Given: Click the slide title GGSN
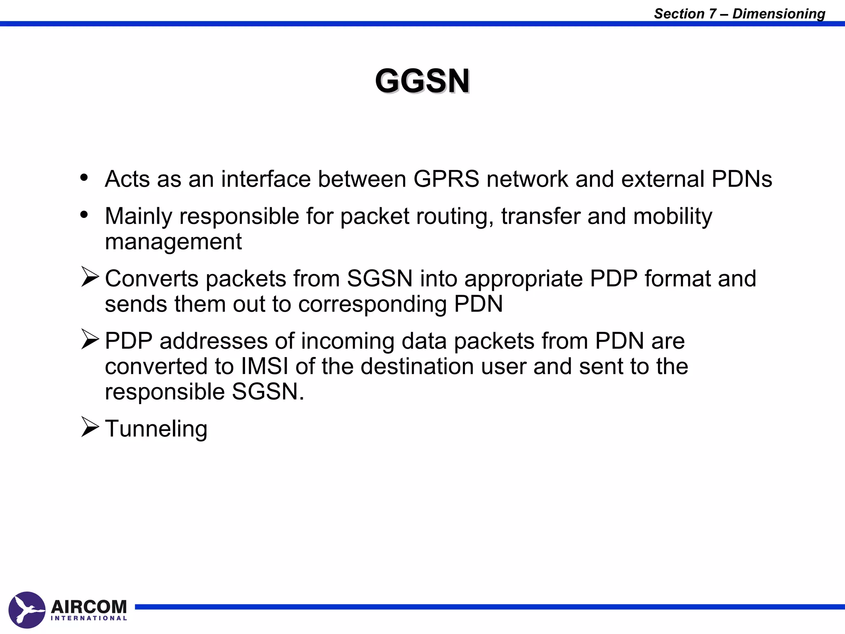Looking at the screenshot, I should tap(422, 81).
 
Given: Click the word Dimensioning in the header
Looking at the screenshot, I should tap(779, 14).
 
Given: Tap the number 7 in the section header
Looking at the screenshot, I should tap(713, 14).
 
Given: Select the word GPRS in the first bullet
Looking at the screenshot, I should tap(446, 179).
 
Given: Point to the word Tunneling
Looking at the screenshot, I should tap(156, 428).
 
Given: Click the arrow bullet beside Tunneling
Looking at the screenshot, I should tap(90, 427).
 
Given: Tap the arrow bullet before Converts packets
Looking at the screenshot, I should tap(90, 277).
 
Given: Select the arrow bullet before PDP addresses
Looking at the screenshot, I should tap(90, 339).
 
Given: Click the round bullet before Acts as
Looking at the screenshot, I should tap(85, 178).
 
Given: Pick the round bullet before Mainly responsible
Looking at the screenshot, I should tap(85, 215).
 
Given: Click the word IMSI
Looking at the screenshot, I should tap(264, 366).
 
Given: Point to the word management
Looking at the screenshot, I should tap(173, 241).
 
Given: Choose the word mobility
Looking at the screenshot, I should tap(673, 216).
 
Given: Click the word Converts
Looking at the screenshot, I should tap(151, 279).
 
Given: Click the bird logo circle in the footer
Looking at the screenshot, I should tap(27, 610).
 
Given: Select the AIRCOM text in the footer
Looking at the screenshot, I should tap(89, 607).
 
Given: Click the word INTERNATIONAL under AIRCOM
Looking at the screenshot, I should tap(89, 618).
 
